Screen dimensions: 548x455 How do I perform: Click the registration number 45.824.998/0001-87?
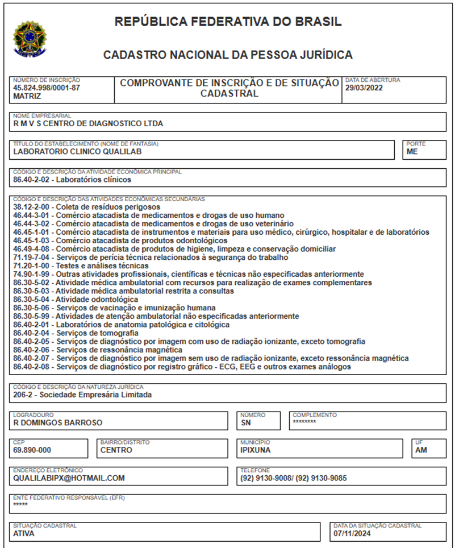(x=47, y=88)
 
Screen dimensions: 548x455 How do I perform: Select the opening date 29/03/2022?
(x=365, y=89)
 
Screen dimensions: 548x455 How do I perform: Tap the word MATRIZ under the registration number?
(x=27, y=97)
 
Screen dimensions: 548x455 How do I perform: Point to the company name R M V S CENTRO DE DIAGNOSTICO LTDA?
(x=88, y=123)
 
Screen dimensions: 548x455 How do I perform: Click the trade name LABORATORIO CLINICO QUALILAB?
(x=77, y=152)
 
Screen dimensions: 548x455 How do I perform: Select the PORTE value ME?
(x=412, y=152)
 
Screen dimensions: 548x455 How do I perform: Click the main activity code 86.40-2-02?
(x=32, y=180)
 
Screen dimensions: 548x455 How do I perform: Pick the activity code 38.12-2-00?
(x=32, y=207)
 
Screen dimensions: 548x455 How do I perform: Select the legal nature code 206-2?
(x=23, y=395)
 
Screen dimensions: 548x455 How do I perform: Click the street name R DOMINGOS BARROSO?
(x=57, y=423)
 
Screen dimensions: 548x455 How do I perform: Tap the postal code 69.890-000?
(x=32, y=450)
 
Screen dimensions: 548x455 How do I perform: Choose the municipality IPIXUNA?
(x=256, y=450)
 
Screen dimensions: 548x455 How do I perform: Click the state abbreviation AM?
(x=421, y=450)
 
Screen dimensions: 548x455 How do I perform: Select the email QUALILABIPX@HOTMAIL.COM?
(x=69, y=478)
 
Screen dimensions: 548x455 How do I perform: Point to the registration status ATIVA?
(x=24, y=534)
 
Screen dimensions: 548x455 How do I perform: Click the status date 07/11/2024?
(x=352, y=534)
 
